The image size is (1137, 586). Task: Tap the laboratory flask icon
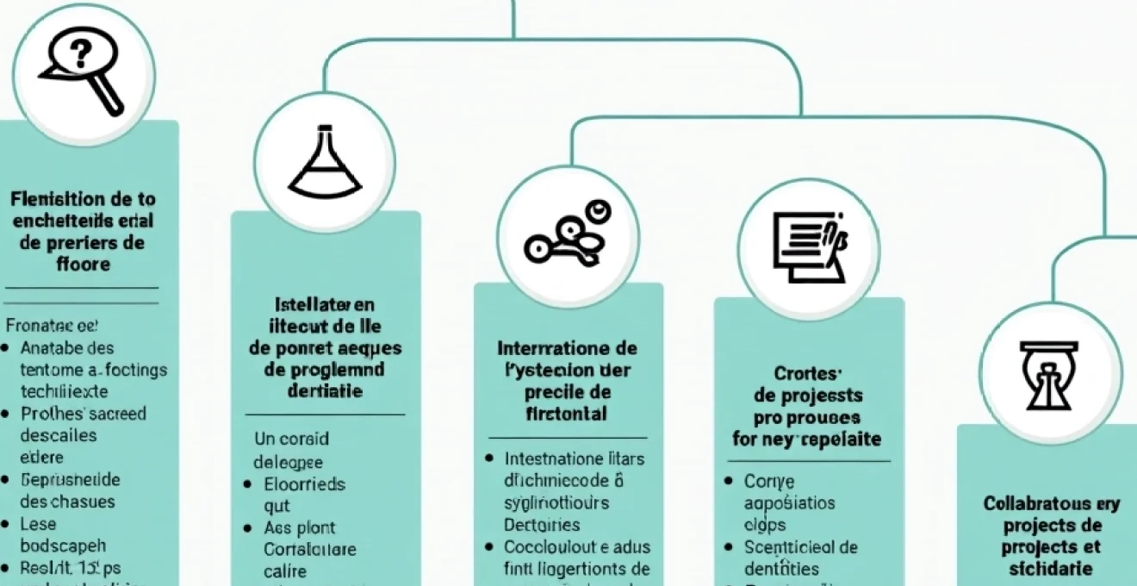click(x=324, y=163)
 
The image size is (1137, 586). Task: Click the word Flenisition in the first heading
click(x=53, y=199)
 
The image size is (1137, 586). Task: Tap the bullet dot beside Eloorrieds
click(x=247, y=484)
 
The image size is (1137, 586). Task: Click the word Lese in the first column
click(x=38, y=523)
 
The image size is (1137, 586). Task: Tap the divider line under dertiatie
click(x=325, y=415)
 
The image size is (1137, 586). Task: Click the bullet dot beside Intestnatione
click(x=489, y=458)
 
